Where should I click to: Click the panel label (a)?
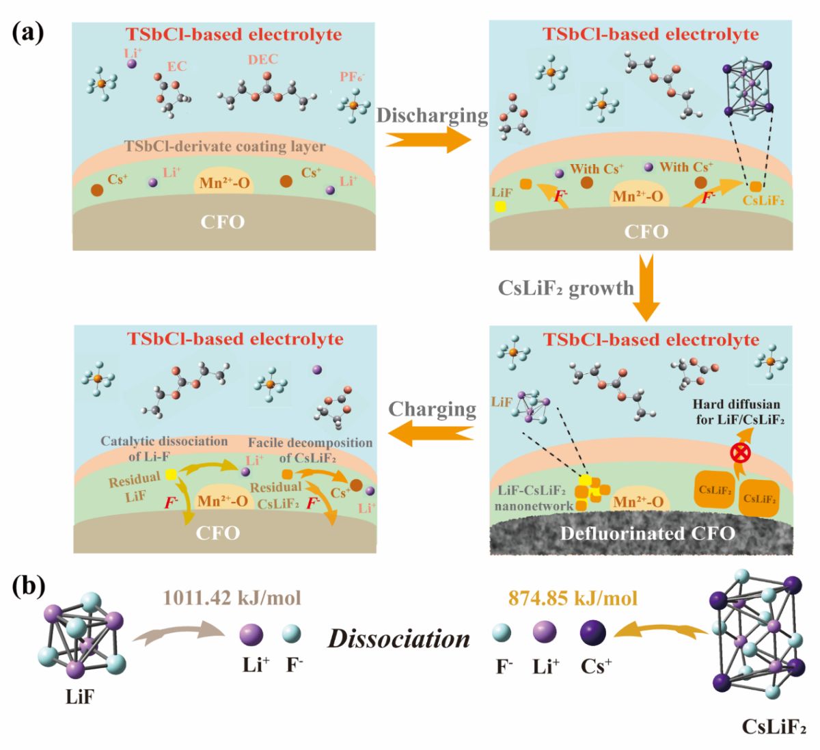click(27, 33)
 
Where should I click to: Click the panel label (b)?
click(28, 587)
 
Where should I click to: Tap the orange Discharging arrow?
click(428, 140)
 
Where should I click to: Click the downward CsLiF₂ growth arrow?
click(646, 288)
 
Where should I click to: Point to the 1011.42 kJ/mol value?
click(232, 598)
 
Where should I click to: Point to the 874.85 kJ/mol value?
click(573, 598)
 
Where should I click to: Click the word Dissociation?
click(399, 639)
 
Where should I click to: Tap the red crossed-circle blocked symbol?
click(740, 453)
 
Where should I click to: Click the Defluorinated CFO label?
click(648, 533)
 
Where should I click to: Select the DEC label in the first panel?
click(263, 59)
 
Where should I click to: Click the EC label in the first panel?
click(176, 66)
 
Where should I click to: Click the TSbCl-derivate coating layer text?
click(225, 146)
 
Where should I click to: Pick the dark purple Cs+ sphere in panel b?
click(592, 632)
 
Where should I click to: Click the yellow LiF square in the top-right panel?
click(501, 206)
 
